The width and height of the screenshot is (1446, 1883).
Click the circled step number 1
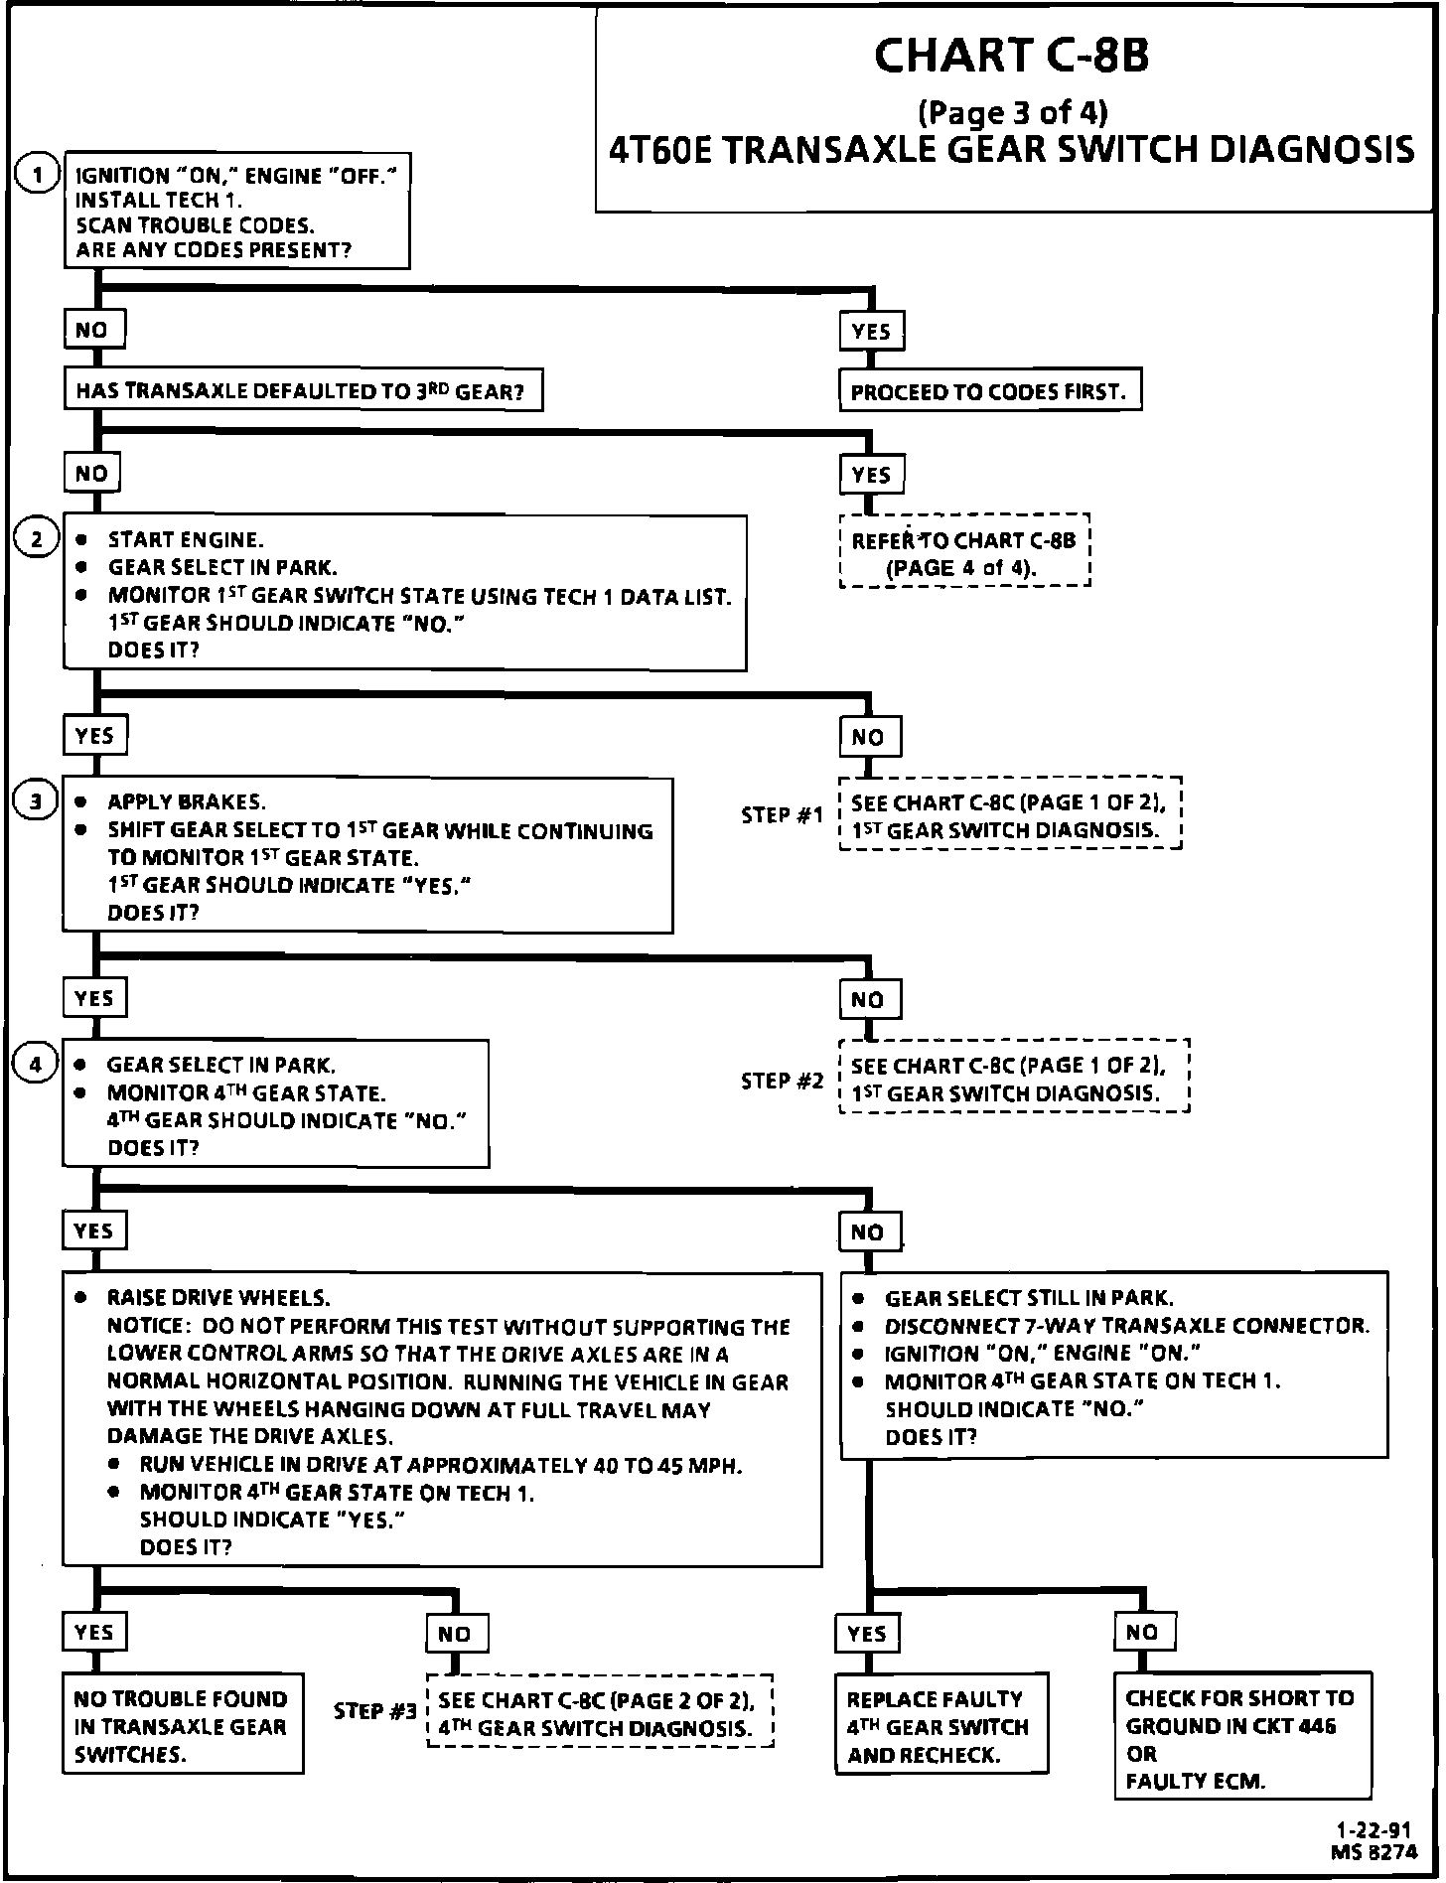(x=37, y=176)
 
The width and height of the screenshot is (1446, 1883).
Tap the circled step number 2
(x=37, y=539)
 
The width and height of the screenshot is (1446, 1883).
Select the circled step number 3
(x=37, y=801)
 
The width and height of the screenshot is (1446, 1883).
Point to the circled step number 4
(x=37, y=1065)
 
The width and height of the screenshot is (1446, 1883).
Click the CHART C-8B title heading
(x=1011, y=56)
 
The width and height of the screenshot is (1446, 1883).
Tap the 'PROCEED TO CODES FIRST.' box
(x=989, y=391)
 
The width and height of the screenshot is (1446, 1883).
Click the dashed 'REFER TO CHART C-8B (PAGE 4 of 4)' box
(x=964, y=552)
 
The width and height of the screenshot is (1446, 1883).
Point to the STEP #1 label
(x=782, y=814)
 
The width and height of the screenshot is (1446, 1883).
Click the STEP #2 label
(x=782, y=1080)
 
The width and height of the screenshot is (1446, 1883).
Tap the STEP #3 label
(x=374, y=1711)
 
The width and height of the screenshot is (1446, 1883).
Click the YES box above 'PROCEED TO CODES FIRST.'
(x=871, y=332)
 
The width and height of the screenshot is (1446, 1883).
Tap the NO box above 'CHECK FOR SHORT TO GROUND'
(x=1142, y=1632)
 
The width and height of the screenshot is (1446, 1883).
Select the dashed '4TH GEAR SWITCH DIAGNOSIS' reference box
(x=599, y=1713)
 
